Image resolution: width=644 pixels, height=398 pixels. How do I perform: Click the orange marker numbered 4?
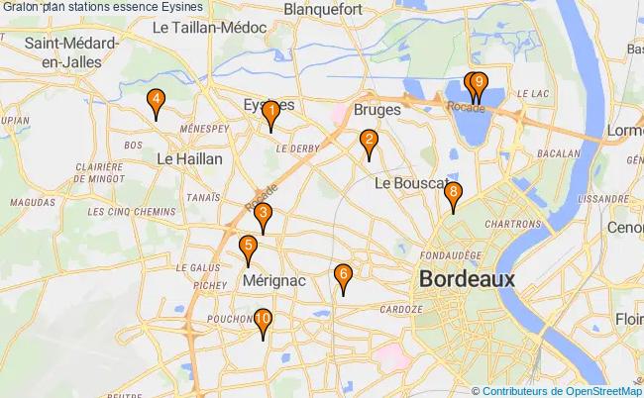coord(156,101)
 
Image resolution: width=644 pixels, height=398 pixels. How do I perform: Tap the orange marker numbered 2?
coord(369,142)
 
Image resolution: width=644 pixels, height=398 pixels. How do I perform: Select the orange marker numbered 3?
coord(263,215)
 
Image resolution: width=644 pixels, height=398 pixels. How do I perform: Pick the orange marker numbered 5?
coord(248,248)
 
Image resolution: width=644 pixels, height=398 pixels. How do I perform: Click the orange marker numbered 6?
coord(343,276)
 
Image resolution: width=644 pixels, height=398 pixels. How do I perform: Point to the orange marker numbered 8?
coord(453,194)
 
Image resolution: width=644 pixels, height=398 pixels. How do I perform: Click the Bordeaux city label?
coord(467,279)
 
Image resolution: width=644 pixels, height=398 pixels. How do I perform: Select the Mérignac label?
coord(273,282)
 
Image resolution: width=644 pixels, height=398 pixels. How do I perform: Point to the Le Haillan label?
coord(190,158)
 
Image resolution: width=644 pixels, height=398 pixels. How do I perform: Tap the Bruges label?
coord(376,111)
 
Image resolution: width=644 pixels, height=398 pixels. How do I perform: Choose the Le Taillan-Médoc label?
coord(209,29)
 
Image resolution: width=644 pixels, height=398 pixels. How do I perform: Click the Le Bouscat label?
coord(407,184)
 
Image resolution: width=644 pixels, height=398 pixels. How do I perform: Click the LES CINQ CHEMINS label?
coord(124,212)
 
